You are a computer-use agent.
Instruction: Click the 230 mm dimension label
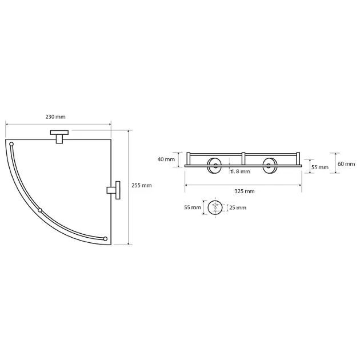(x=55, y=117)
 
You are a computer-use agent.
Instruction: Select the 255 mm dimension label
(x=142, y=186)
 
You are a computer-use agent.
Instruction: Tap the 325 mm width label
(x=245, y=191)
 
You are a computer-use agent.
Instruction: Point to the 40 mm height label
(x=166, y=159)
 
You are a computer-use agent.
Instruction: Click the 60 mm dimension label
(x=346, y=164)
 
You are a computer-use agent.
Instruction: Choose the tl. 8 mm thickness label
(x=241, y=171)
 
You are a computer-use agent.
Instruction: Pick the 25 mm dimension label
(x=238, y=208)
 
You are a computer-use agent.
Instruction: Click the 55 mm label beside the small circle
(x=193, y=207)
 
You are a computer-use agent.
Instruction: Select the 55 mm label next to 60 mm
(x=320, y=167)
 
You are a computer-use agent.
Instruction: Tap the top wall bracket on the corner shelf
(x=59, y=137)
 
